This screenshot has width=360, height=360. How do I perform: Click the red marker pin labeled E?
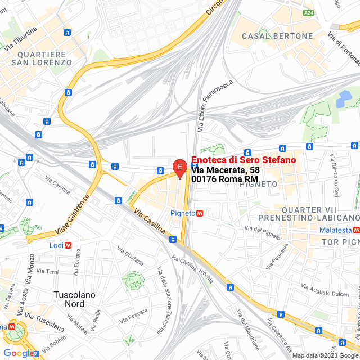[x=179, y=168]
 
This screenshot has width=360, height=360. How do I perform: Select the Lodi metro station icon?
[x=68, y=245]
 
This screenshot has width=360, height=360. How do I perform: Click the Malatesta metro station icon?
[x=357, y=230]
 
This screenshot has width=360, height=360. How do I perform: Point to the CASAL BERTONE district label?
[x=277, y=36]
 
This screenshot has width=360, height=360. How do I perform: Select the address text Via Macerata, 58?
[x=225, y=170]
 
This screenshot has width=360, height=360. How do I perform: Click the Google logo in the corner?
[x=19, y=353]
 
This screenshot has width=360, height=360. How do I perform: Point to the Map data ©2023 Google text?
[x=325, y=355]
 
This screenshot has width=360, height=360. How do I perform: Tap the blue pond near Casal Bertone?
[x=344, y=99]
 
